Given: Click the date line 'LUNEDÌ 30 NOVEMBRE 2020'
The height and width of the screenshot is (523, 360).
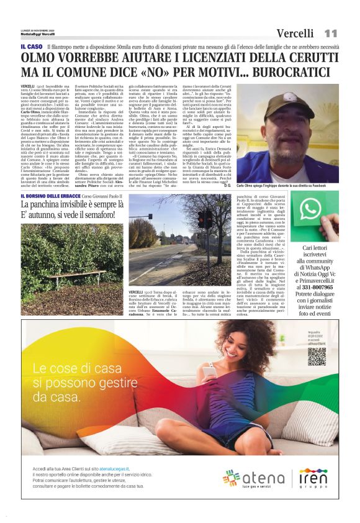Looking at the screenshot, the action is click(37, 29).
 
